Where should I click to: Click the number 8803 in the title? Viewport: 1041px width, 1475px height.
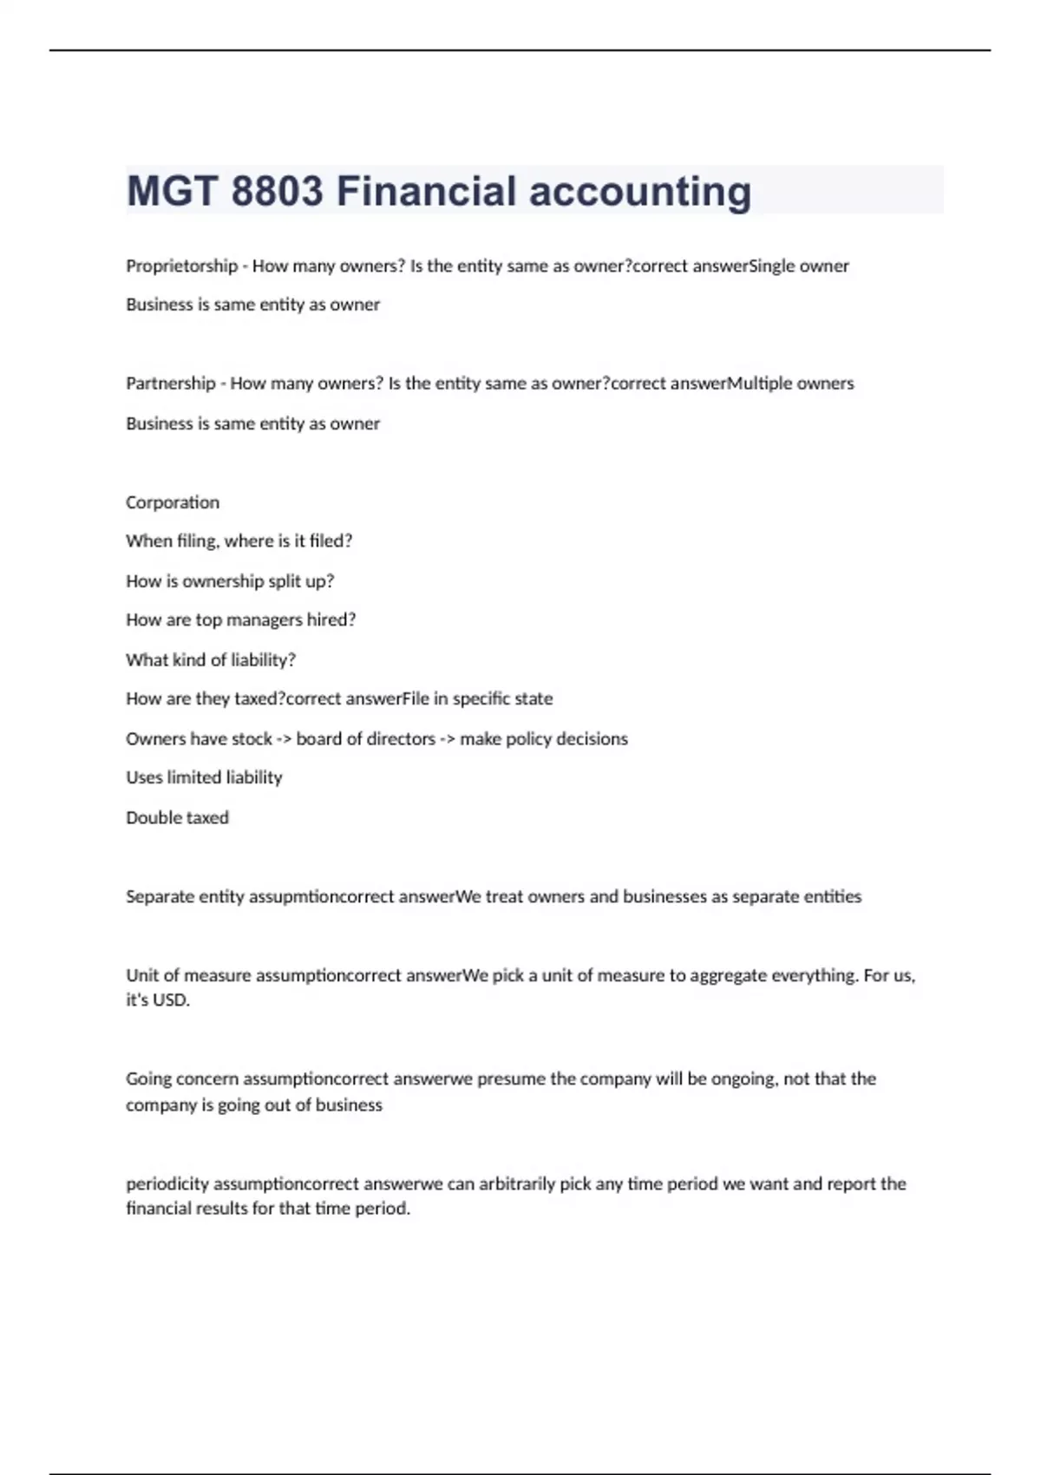[x=277, y=191]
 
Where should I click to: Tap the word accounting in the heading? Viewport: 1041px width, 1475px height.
[x=640, y=191]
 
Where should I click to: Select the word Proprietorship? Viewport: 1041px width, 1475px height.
[x=181, y=265]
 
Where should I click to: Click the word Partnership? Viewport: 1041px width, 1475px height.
[x=170, y=383]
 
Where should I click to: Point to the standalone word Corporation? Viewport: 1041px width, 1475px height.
[x=173, y=502]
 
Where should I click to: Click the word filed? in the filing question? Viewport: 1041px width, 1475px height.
[x=331, y=541]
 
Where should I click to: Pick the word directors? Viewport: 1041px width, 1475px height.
[x=400, y=738]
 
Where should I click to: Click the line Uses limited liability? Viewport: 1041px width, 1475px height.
[x=204, y=777]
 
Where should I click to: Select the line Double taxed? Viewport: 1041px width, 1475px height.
[x=177, y=817]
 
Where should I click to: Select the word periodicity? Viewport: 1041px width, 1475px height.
[x=167, y=1183]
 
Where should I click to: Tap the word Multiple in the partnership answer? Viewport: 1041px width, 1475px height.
[x=759, y=383]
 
